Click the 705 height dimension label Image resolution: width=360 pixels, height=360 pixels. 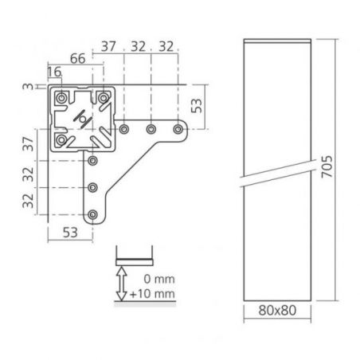coord(327,166)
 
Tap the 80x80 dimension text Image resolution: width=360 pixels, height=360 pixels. coord(277,310)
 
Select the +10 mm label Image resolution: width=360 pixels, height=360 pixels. coord(152,294)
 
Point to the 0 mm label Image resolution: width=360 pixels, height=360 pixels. coord(159,279)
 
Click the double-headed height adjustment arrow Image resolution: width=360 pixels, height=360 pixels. coord(122,284)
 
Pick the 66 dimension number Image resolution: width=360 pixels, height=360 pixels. coord(78,58)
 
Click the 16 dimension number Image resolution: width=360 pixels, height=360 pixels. coord(54,72)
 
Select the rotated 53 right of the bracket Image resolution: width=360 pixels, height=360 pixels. coord(197,106)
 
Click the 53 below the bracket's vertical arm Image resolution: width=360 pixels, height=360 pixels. coord(70,233)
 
